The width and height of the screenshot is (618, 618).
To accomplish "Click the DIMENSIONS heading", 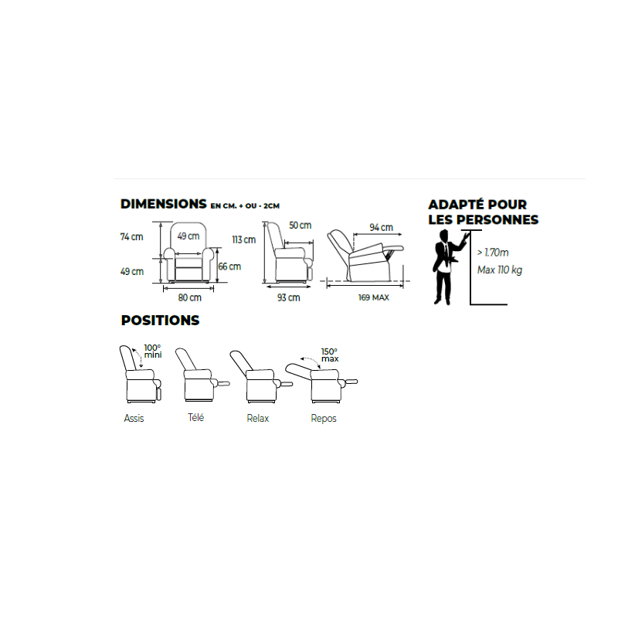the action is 163,204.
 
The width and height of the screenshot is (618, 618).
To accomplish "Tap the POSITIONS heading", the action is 160,320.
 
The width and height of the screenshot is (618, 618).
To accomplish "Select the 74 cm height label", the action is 131,237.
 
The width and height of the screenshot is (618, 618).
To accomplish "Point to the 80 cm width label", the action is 189,297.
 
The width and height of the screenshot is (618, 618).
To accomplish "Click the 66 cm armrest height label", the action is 229,267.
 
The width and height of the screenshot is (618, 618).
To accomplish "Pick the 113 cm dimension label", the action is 244,239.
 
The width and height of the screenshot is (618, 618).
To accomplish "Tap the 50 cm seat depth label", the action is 301,225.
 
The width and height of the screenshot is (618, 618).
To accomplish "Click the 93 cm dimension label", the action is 288,297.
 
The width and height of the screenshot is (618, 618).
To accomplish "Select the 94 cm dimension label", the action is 381,227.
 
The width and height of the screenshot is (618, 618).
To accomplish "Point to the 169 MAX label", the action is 374,297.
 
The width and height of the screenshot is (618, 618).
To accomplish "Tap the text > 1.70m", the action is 493,253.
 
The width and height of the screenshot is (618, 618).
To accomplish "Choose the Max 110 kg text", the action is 500,270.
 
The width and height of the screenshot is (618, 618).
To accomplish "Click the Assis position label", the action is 134,418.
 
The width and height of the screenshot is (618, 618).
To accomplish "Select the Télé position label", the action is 196,417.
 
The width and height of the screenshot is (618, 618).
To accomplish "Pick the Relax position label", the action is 258,418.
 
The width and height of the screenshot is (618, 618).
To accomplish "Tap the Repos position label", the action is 324,419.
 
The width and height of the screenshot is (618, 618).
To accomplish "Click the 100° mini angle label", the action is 152,351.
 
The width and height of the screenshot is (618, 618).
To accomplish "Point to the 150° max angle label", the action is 330,355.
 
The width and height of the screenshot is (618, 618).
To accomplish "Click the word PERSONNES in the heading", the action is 497,219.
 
